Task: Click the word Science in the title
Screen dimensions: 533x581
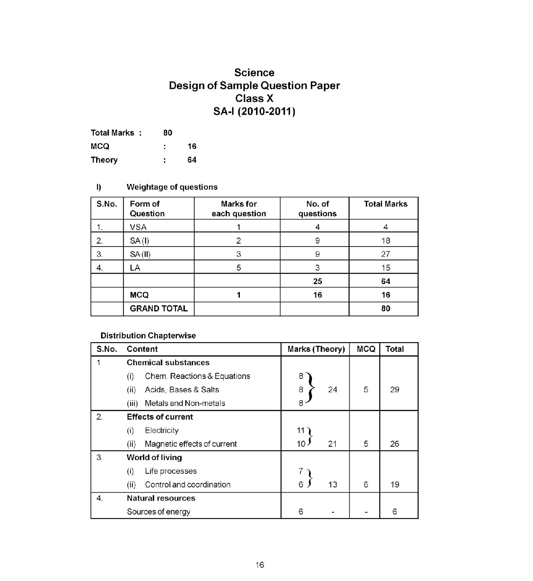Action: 254,73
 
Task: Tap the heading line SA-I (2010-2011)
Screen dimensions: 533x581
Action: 254,111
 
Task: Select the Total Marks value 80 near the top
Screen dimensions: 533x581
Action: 168,133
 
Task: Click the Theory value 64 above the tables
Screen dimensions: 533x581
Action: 192,160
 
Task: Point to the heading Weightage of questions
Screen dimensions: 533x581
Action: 172,187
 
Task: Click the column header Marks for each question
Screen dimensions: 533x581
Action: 239,209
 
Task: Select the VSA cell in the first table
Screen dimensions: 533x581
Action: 138,227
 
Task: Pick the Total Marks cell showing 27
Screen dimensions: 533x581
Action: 385,254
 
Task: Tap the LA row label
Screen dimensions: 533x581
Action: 135,268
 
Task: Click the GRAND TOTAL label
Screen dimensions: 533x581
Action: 159,309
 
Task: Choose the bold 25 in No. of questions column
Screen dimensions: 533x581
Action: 317,281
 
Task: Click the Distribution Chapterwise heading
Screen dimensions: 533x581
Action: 148,336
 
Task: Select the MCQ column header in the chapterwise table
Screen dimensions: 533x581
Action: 366,349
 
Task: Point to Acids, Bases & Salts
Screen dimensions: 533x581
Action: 182,390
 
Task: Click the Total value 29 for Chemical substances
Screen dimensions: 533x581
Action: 395,390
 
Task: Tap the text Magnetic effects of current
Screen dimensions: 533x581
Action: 191,444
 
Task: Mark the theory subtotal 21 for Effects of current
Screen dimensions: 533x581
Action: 332,444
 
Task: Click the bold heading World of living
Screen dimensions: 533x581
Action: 154,458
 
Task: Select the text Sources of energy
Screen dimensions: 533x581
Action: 158,512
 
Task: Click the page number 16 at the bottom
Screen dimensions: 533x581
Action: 260,565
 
